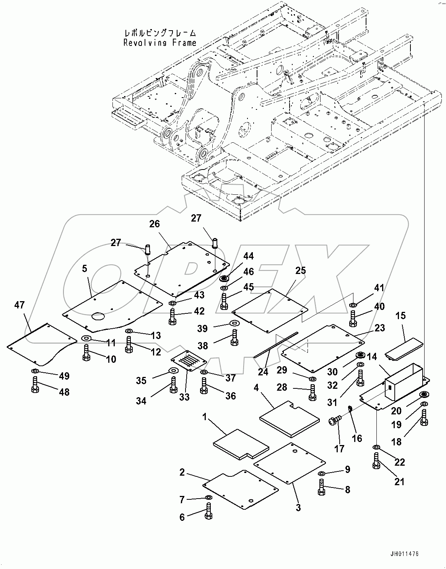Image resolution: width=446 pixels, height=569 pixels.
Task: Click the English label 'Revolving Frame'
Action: point(160,42)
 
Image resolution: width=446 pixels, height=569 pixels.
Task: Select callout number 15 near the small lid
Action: point(401,316)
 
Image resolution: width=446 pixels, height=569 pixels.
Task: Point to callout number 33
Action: point(184,397)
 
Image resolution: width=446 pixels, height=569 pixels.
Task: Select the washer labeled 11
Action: point(86,338)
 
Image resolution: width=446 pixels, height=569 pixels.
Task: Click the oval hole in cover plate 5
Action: point(98,316)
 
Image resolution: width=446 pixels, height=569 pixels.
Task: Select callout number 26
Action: point(155,223)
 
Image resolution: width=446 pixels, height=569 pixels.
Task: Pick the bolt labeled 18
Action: point(424,417)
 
